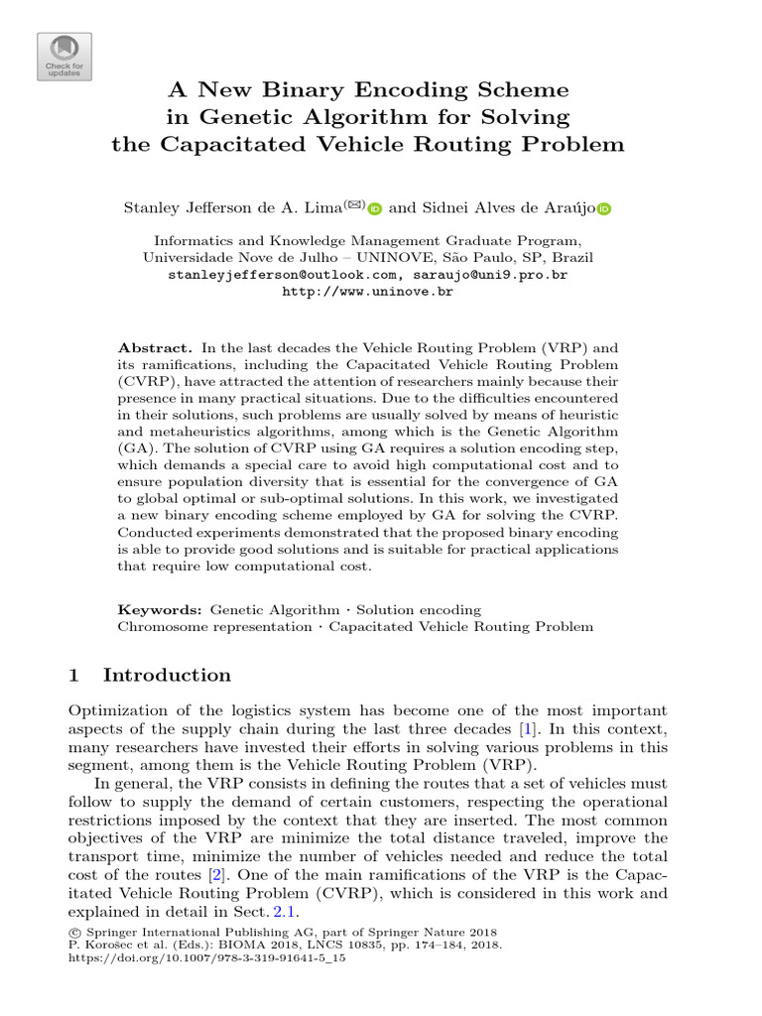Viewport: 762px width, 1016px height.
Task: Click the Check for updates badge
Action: [x=64, y=56]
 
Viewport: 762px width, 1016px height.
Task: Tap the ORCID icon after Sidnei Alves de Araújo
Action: [x=604, y=208]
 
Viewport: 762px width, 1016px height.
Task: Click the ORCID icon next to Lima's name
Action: [x=374, y=208]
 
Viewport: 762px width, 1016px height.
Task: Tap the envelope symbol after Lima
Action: [x=354, y=204]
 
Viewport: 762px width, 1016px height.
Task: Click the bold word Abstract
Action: [x=155, y=348]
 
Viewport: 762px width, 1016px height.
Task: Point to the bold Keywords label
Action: [x=160, y=609]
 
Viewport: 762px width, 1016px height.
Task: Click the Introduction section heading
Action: [x=167, y=676]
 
